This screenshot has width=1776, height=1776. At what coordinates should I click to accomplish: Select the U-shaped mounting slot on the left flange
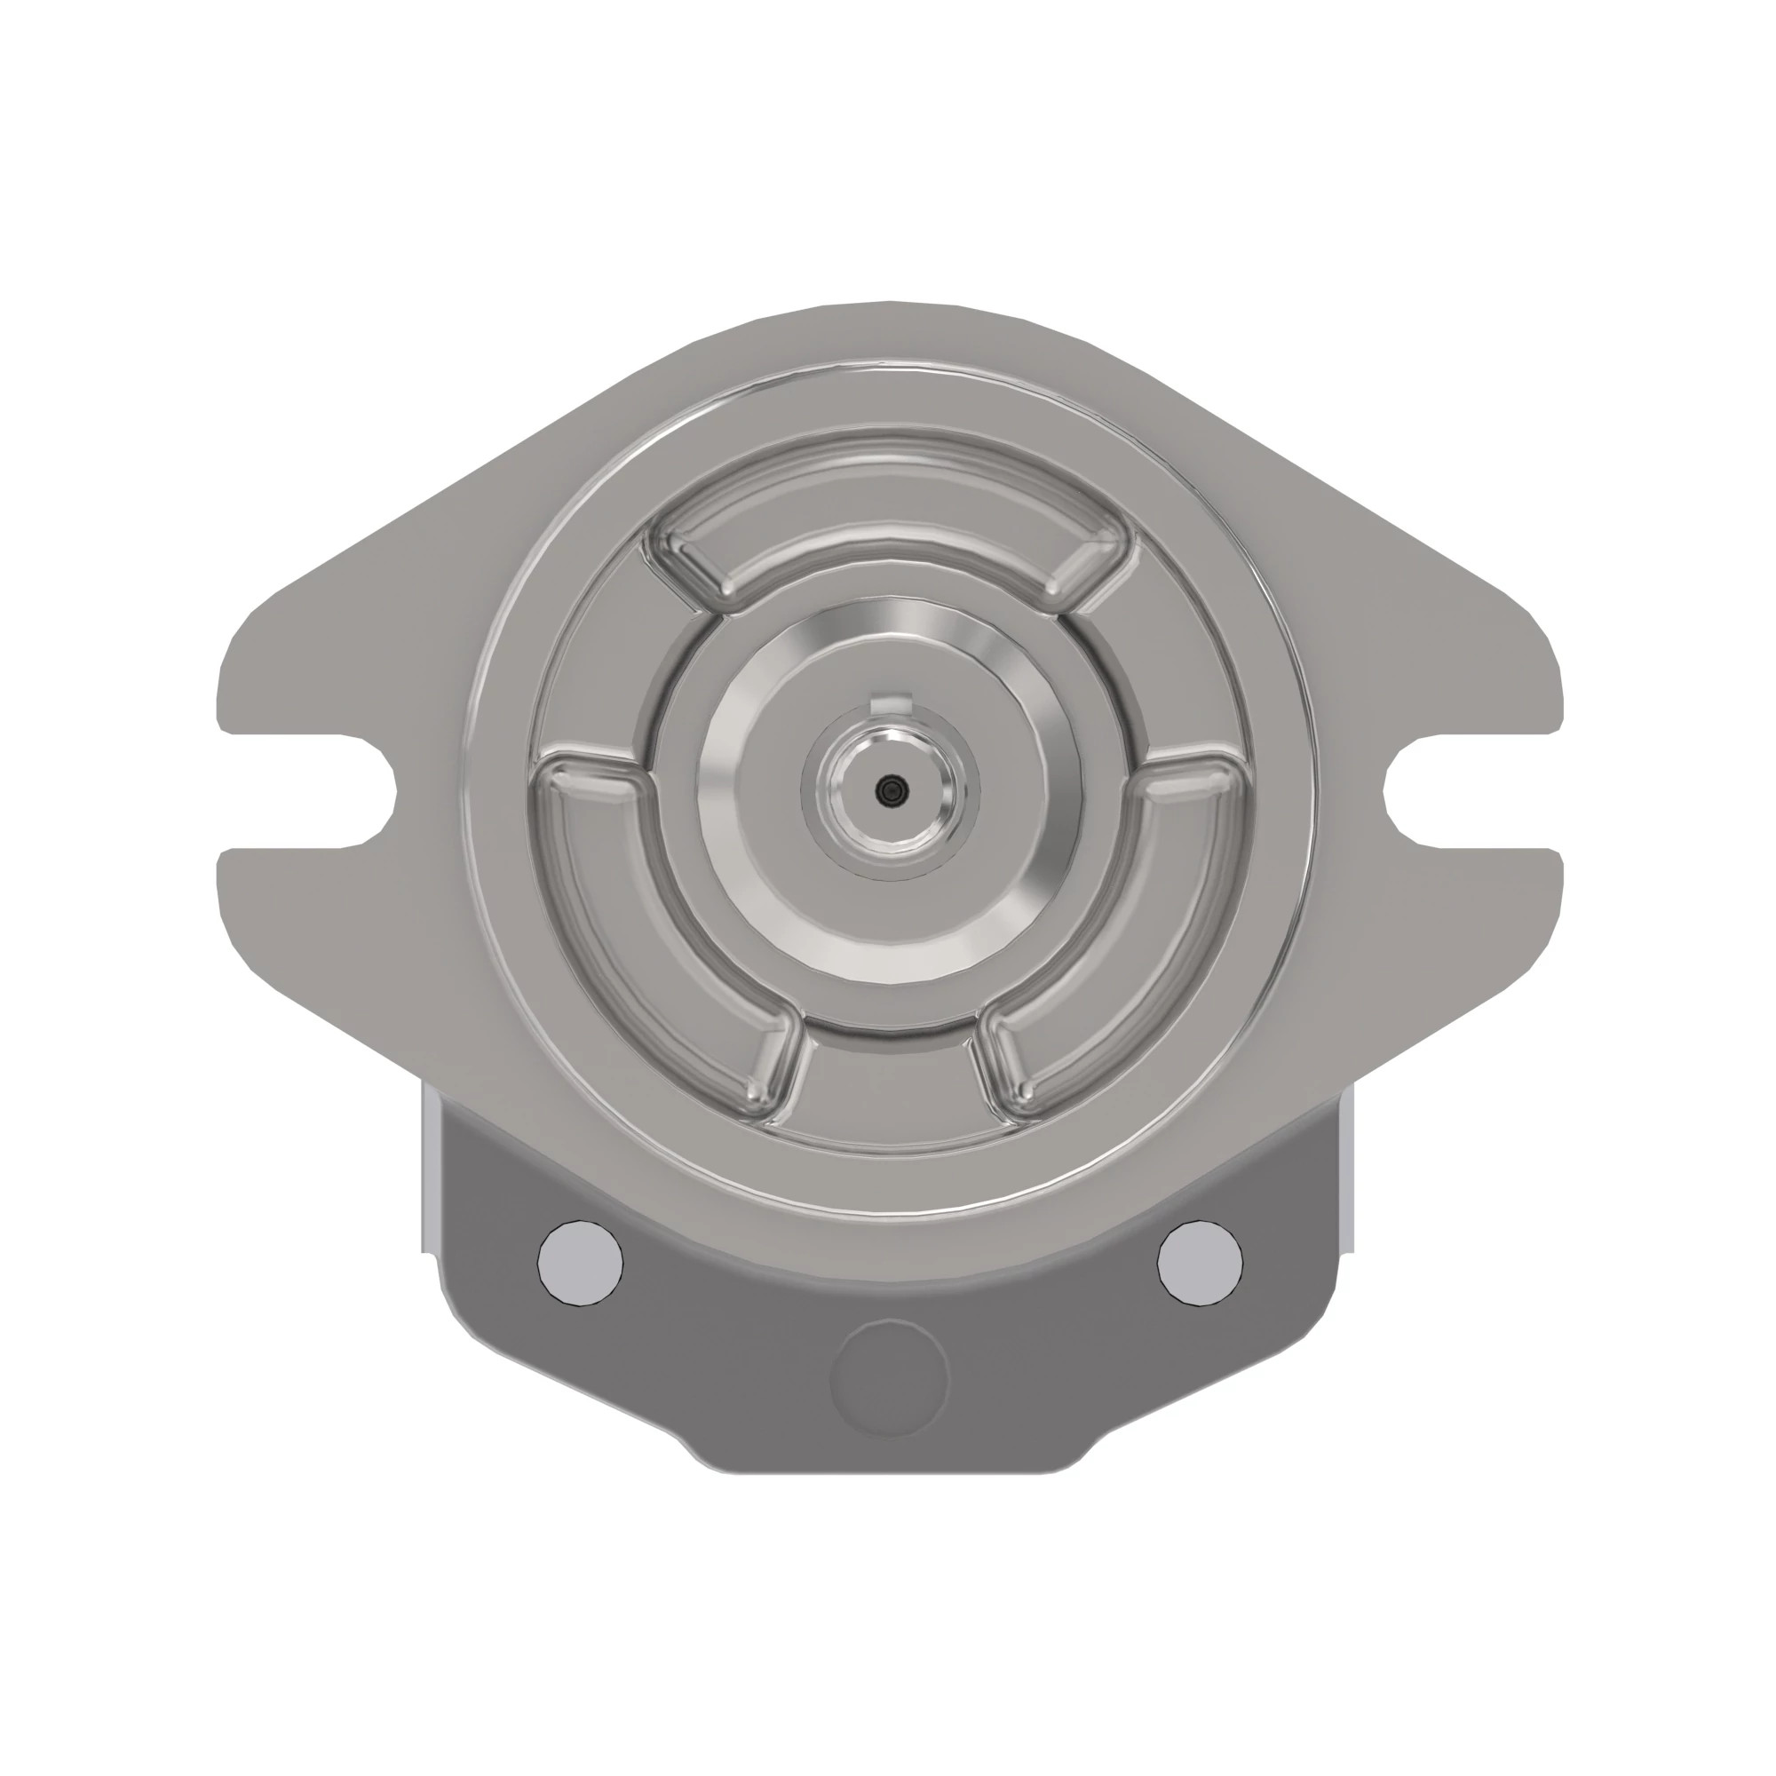[363, 790]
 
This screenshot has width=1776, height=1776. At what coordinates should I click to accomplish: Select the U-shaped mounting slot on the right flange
[1415, 790]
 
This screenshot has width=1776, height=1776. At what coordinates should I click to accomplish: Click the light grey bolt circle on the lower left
[579, 1262]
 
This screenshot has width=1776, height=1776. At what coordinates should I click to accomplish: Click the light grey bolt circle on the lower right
[1200, 1262]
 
